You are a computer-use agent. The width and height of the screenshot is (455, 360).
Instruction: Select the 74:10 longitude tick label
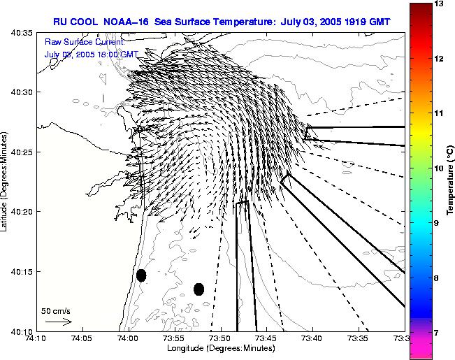pos(36,338)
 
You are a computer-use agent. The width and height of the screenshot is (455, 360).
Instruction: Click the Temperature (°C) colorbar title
pos(451,180)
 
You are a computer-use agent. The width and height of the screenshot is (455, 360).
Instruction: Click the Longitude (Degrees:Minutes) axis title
pos(220,348)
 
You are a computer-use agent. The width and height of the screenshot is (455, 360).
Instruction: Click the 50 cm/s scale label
pos(56,310)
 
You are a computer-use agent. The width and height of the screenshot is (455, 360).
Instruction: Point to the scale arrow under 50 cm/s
pos(58,322)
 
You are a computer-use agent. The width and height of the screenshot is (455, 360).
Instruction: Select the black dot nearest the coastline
pos(141,275)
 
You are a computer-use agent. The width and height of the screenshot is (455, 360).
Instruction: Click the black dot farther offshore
pos(198,289)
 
